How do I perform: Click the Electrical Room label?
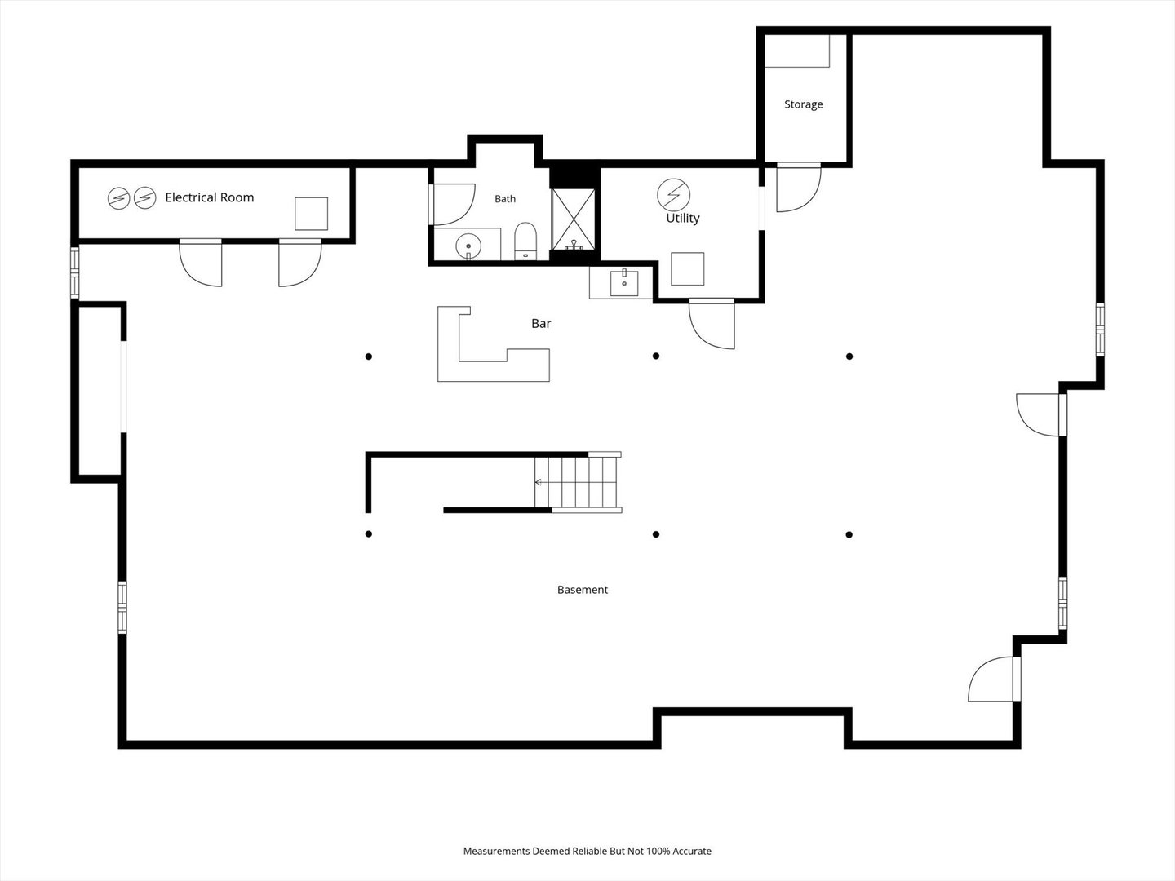(x=210, y=197)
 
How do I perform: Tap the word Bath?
(x=505, y=199)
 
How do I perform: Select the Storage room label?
(x=804, y=104)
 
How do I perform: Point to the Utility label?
(x=682, y=219)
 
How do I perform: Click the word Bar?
(x=541, y=323)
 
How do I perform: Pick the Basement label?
(x=583, y=590)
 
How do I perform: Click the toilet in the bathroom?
(x=525, y=241)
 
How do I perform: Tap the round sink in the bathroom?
(x=468, y=246)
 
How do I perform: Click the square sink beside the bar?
(x=624, y=284)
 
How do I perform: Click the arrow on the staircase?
(x=539, y=482)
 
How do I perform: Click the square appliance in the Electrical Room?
(x=311, y=214)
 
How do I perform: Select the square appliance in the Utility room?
(x=687, y=269)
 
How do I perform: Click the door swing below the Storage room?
(x=799, y=188)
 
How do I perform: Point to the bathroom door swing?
(x=453, y=204)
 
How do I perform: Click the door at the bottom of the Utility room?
(x=712, y=325)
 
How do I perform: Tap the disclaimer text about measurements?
(x=587, y=851)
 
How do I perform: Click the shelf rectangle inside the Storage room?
(x=797, y=51)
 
